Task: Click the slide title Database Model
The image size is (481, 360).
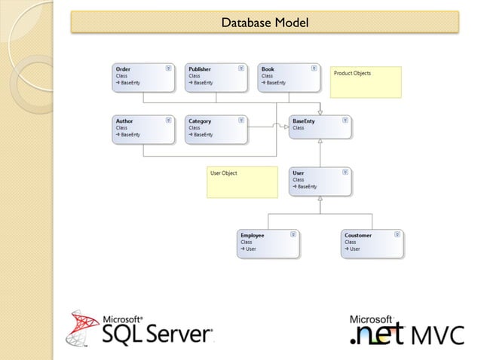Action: click(x=264, y=23)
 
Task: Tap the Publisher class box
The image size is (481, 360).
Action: click(x=216, y=78)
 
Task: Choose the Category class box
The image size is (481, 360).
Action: click(x=216, y=129)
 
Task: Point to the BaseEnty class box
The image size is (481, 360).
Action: click(x=320, y=127)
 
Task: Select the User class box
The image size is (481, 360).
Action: click(x=320, y=182)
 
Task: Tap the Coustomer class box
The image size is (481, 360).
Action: click(x=372, y=244)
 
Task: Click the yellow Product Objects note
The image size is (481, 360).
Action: click(x=366, y=82)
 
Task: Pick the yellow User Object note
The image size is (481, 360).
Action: click(x=242, y=182)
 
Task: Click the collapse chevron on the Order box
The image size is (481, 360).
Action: click(x=168, y=69)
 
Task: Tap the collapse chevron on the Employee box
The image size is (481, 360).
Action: click(x=293, y=235)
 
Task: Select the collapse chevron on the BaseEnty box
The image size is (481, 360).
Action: click(x=345, y=120)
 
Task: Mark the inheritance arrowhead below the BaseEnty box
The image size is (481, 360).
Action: click(x=320, y=142)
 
